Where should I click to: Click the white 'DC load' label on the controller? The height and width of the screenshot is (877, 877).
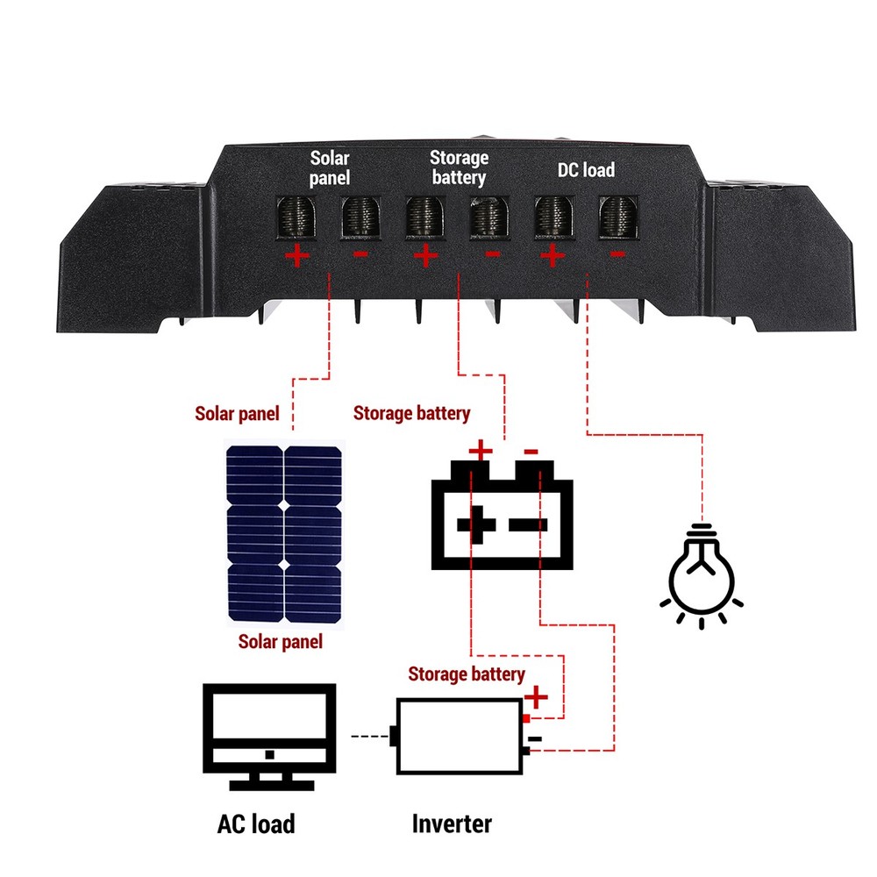586,169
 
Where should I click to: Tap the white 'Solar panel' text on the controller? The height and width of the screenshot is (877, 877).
330,168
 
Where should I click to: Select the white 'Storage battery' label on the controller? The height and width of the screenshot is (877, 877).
458,168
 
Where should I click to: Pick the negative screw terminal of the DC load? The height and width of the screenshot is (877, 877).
618,217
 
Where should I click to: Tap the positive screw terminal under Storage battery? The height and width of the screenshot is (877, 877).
425,217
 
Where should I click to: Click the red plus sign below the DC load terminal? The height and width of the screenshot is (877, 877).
553,256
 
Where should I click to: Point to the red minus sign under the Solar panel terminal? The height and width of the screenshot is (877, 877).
360,255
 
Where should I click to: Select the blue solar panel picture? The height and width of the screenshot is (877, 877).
284,535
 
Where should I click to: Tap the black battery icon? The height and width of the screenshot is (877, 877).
501,522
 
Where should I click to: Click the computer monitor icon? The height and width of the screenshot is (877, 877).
269,737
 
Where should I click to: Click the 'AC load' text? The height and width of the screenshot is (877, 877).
256,824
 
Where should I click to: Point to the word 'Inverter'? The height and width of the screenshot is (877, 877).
452,824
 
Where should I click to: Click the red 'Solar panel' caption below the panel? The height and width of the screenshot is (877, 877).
281,642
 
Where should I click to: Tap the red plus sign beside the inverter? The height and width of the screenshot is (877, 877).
536,697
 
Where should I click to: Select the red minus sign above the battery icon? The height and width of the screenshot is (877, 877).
531,452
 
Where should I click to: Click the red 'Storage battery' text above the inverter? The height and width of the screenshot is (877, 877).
467,674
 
